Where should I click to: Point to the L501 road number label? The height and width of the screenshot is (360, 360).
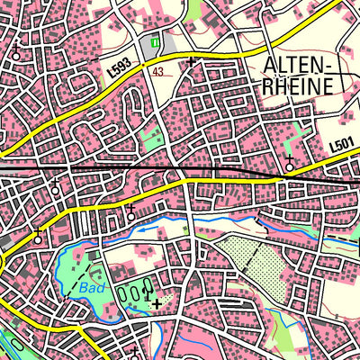coord(340,142)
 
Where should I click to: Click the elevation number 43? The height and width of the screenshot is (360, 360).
coord(157,72)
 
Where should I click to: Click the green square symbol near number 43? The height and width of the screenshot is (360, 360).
coord(157,41)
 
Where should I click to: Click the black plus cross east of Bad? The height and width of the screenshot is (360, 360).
coord(157,303)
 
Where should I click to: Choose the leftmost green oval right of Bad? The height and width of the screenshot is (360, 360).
coord(123,292)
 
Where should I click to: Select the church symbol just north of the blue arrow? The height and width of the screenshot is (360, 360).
coord(131,212)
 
